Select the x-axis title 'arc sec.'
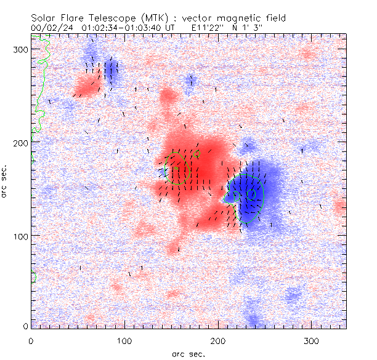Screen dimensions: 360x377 click(188, 354)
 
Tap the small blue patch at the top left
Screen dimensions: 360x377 click(111, 71)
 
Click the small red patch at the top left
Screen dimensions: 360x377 click(87, 85)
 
